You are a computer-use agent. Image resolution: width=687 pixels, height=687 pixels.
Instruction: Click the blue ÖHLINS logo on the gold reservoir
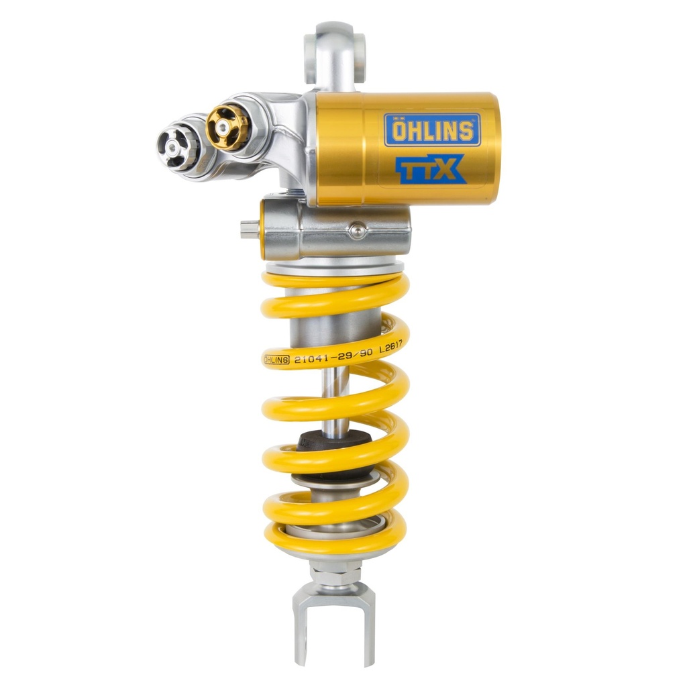point(432,129)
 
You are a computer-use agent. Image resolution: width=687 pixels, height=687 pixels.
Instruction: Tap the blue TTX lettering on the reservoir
point(429,168)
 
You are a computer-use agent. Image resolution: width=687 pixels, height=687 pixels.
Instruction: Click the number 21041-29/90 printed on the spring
point(332,356)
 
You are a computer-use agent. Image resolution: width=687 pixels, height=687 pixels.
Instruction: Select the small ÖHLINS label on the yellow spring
point(276,360)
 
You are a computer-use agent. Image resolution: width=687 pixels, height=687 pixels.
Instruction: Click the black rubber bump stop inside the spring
point(334,443)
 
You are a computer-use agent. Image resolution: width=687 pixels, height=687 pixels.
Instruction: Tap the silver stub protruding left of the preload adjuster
point(250,229)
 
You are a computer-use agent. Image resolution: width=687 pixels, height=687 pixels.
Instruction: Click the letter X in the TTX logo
point(447,169)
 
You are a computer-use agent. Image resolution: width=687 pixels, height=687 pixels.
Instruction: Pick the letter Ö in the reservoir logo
point(398,129)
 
